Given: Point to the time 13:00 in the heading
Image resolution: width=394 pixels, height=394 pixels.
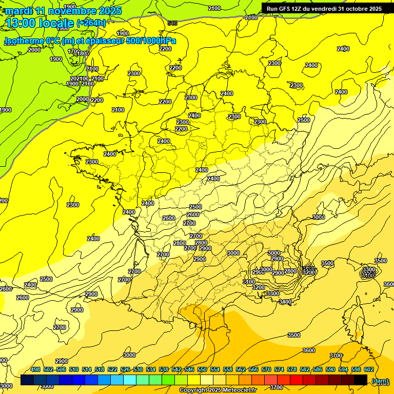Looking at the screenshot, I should tap(21, 23).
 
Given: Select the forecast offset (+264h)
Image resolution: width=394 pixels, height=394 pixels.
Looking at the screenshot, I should tap(91, 23).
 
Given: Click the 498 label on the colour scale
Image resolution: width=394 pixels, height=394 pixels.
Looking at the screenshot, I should tap(35, 369).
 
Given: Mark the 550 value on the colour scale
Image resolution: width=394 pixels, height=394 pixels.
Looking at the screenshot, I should tap(202, 369).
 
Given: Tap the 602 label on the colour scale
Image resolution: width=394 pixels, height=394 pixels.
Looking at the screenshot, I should tap(368, 369).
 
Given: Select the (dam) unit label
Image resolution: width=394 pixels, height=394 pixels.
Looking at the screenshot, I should tap(379, 380).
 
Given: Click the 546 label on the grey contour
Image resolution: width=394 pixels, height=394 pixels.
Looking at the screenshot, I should tap(172, 23).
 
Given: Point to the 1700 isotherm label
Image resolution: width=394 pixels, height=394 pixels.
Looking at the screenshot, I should tap(73, 51).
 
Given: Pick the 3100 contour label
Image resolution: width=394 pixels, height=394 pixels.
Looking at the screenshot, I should tap(249, 282).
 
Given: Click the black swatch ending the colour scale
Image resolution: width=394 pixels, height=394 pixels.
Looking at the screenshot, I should tap(361, 380).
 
